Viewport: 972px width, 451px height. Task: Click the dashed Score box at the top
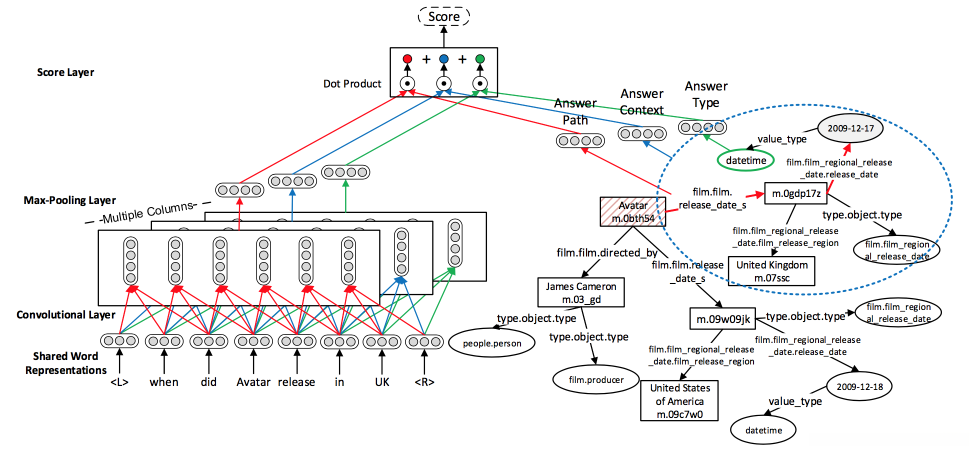coord(443,16)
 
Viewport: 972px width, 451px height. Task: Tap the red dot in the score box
coord(407,59)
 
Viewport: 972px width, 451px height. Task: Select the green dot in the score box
coord(480,59)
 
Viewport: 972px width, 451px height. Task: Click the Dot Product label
coord(352,84)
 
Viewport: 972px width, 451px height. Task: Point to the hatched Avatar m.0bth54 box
coord(632,211)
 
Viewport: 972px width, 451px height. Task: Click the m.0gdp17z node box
coord(795,193)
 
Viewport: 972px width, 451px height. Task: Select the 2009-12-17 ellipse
coord(850,128)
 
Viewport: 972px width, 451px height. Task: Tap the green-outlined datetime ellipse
coord(745,160)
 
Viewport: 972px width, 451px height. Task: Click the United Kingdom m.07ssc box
coord(771,271)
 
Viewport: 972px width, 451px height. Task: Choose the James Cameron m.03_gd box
coord(580,292)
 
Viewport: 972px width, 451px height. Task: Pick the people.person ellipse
coord(491,343)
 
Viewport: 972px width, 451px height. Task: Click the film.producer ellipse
coord(595,380)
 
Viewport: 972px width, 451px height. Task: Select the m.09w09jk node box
coord(722,319)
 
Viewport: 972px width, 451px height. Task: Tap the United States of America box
coord(679,401)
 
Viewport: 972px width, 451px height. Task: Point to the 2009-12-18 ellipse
coord(859,386)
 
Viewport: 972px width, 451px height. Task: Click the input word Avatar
coord(253,382)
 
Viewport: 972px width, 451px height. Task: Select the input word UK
coord(382,382)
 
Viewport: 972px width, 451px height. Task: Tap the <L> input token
coord(119,382)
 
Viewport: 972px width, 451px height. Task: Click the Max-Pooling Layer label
coord(69,200)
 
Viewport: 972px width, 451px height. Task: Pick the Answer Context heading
coord(641,102)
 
